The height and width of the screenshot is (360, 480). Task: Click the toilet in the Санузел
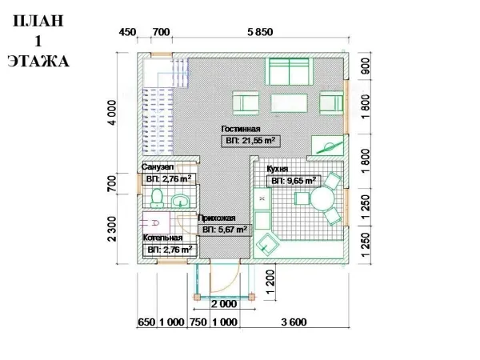157,198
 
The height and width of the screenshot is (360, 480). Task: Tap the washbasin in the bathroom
181,201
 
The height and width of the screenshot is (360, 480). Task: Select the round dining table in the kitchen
322,198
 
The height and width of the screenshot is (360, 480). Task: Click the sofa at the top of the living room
289,71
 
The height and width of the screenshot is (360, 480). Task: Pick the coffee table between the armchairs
289,103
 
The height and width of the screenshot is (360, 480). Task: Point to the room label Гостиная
241,129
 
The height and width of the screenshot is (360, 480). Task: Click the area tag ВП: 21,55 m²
250,141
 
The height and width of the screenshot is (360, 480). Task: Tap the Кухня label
278,169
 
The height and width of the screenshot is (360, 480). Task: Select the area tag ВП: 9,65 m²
294,181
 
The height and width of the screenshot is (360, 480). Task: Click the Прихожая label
217,218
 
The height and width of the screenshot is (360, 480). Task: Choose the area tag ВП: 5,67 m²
225,230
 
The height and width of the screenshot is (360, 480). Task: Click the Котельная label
163,238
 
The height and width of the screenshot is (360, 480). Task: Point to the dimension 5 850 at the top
260,32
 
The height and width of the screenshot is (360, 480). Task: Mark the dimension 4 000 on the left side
112,112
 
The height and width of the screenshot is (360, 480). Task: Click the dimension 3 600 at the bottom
294,322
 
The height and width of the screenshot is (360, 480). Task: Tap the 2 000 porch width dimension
224,304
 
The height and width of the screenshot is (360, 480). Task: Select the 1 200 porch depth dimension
270,282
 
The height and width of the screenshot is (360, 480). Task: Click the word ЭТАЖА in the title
38,62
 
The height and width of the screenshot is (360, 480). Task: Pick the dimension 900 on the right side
366,66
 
